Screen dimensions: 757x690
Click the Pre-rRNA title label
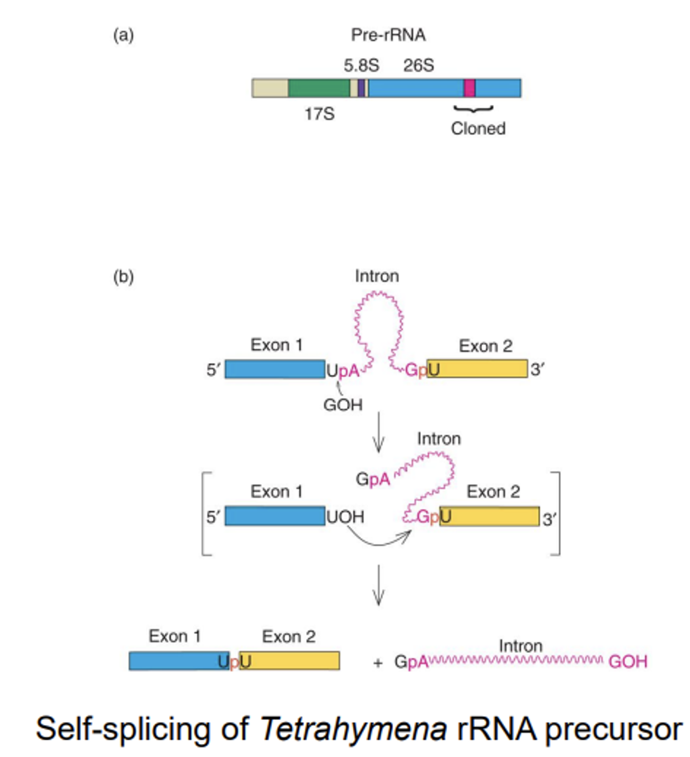388,35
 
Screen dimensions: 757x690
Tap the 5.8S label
361,65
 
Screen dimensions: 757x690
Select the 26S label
418,65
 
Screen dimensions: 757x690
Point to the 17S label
319,114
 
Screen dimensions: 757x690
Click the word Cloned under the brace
478,129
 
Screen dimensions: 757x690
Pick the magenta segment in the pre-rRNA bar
469,88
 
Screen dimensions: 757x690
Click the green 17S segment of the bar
319,88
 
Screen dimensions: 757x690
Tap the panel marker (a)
123,35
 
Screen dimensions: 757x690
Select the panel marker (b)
123,277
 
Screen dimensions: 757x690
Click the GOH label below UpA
342,405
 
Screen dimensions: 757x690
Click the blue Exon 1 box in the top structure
274,369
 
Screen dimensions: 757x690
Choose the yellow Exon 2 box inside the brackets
490,517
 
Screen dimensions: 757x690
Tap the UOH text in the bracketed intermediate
345,517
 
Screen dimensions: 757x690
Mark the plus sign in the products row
377,663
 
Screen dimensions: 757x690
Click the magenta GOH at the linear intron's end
627,662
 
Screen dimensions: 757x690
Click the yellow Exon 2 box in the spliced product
295,661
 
